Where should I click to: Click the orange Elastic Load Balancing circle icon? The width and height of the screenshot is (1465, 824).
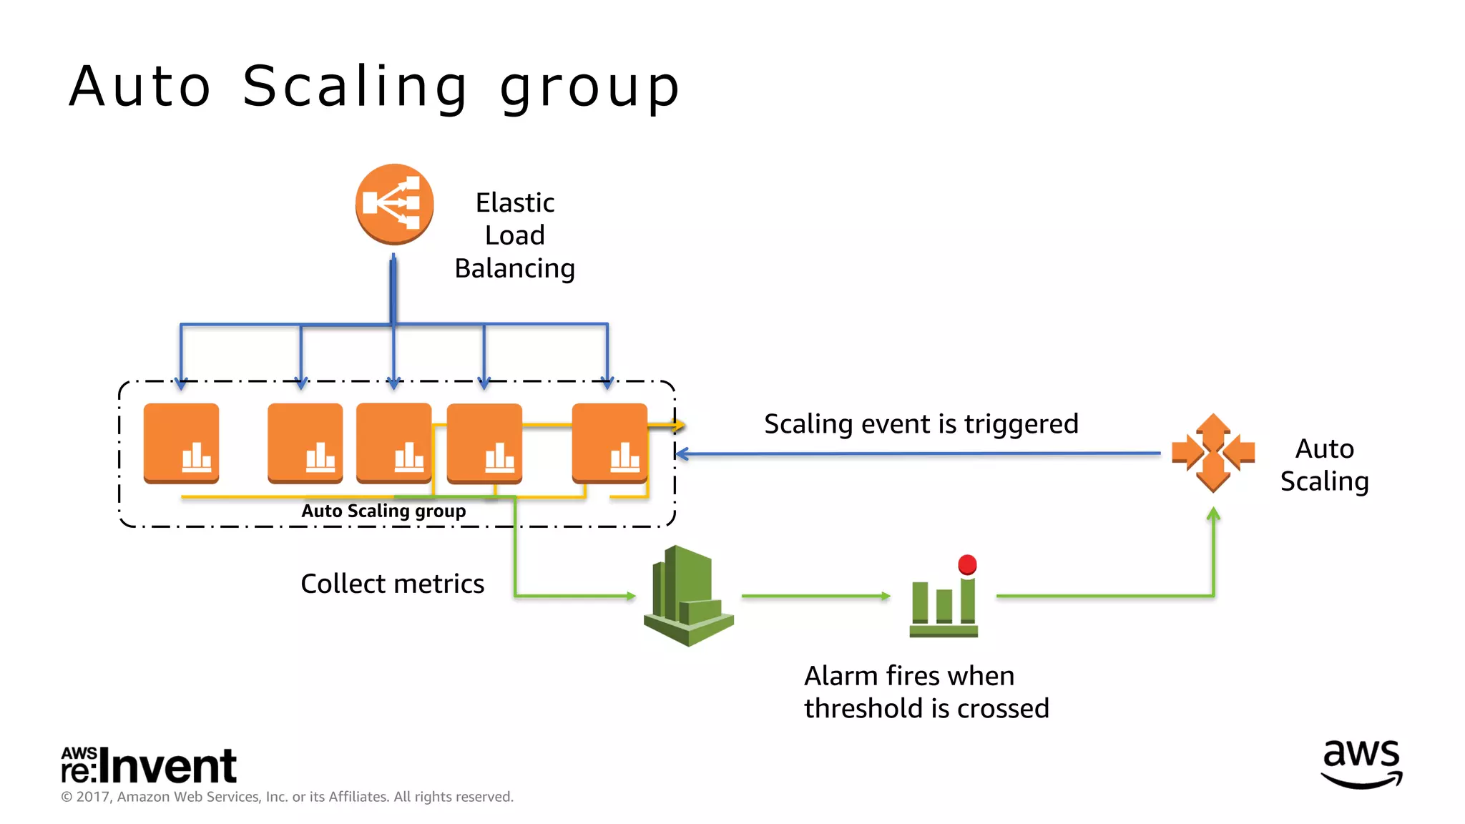(x=394, y=204)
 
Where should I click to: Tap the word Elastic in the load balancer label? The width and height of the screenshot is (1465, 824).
(x=514, y=203)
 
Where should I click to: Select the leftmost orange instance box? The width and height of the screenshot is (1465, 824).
(x=181, y=443)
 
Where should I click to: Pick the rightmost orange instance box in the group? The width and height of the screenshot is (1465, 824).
(x=609, y=443)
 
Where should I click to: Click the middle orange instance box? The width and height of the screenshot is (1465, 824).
(x=393, y=443)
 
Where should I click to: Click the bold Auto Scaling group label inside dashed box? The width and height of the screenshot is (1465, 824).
(x=383, y=511)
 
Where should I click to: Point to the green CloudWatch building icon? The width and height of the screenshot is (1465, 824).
(x=687, y=596)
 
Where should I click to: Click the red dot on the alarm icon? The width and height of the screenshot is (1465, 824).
(x=967, y=564)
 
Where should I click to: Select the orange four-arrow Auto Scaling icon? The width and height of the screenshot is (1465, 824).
(x=1212, y=453)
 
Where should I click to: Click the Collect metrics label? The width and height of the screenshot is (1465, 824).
(x=392, y=584)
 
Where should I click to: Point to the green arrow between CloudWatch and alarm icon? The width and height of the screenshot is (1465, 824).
(x=815, y=595)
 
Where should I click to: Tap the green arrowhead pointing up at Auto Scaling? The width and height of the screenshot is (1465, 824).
(x=1213, y=514)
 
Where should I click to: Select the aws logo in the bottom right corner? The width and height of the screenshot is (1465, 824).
(x=1361, y=764)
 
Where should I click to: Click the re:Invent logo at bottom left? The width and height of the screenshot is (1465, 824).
(x=149, y=765)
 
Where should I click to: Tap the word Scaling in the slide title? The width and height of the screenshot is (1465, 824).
(x=355, y=87)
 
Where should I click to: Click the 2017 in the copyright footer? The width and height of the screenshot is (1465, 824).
(x=92, y=797)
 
